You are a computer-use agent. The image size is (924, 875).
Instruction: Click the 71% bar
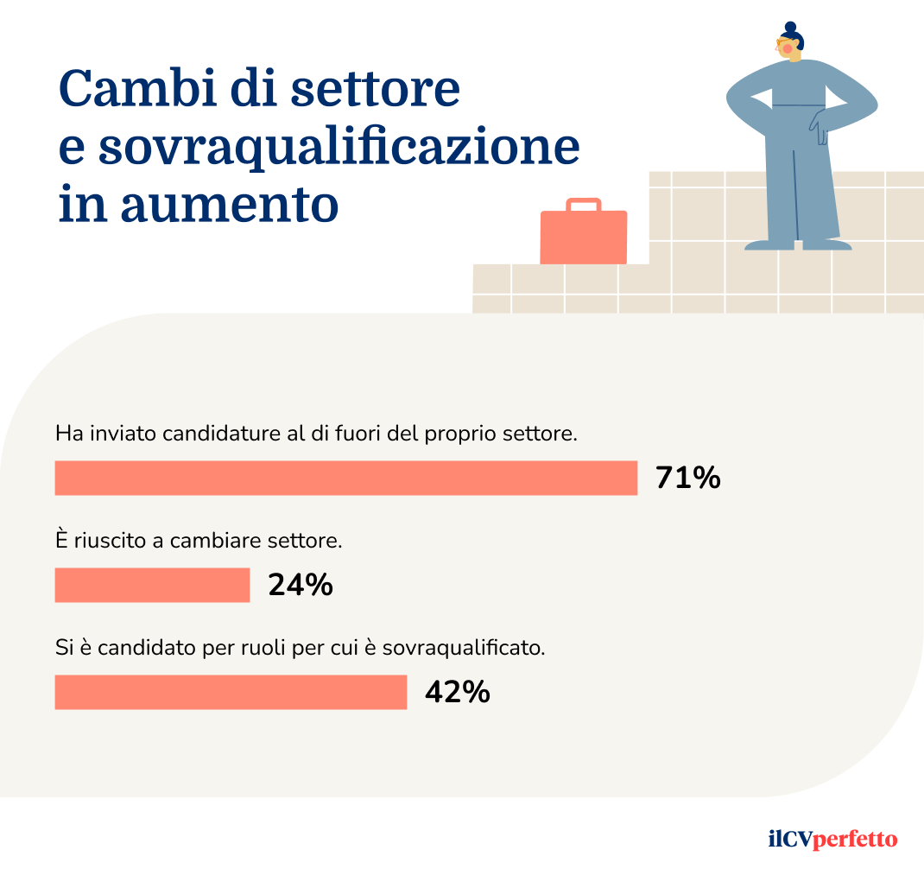pos(345,478)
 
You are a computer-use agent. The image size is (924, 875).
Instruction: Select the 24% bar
pos(152,585)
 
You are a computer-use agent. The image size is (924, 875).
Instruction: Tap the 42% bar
pos(231,692)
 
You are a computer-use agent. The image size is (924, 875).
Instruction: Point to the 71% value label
pos(687,478)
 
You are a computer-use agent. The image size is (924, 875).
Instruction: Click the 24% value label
pos(301,585)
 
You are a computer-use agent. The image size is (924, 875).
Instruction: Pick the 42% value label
pos(457,692)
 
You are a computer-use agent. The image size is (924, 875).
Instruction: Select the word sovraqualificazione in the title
pos(338,148)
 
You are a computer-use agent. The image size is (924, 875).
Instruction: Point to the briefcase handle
pos(584,205)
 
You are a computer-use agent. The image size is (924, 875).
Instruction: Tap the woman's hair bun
pos(788,28)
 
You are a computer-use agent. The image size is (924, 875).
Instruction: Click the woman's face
pos(788,49)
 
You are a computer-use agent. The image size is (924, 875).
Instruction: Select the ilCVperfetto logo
pos(832,839)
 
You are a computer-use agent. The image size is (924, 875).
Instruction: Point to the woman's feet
pos(798,244)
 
